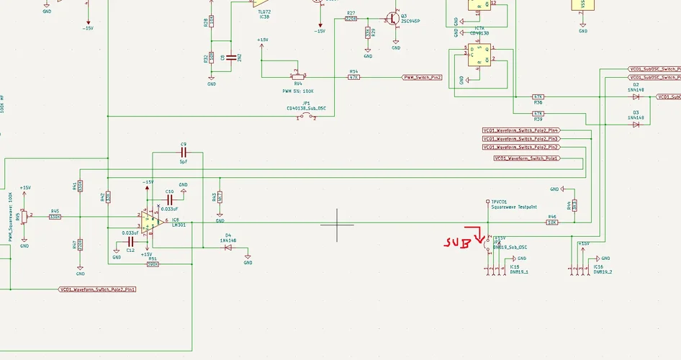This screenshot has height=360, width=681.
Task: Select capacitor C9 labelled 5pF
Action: pyautogui.click(x=184, y=153)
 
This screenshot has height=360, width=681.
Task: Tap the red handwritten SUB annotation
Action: pyautogui.click(x=457, y=243)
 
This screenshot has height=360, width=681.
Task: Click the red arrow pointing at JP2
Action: pyautogui.click(x=479, y=235)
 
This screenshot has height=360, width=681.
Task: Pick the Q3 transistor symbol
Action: pyautogui.click(x=393, y=19)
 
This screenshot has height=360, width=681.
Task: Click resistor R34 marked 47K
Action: pyautogui.click(x=353, y=77)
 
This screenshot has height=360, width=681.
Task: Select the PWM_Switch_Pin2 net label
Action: pyautogui.click(x=422, y=77)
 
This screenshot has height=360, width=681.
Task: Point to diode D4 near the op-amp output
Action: pyautogui.click(x=228, y=247)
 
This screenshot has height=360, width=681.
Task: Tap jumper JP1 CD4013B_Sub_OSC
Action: pyautogui.click(x=307, y=117)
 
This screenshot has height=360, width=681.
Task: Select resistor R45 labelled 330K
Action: pyautogui.click(x=55, y=217)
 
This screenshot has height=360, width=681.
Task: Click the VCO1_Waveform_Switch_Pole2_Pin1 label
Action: pyautogui.click(x=98, y=289)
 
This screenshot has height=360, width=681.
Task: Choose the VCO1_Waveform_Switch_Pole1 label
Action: pyautogui.click(x=527, y=158)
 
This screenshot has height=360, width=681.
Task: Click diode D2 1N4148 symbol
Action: pyautogui.click(x=636, y=96)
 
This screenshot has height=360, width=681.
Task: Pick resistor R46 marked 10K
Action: pyautogui.click(x=552, y=222)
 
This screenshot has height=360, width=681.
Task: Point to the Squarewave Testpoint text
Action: pyautogui.click(x=514, y=207)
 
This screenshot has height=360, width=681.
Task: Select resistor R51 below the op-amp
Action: pyautogui.click(x=153, y=264)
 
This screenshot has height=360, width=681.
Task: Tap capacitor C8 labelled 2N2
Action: pyautogui.click(x=231, y=58)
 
